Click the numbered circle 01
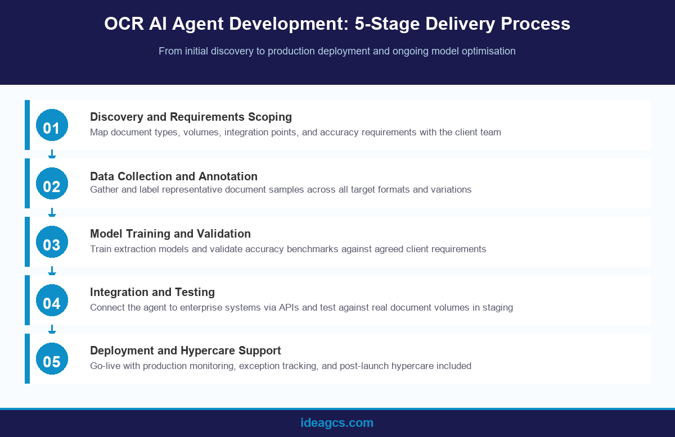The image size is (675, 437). [x=52, y=125]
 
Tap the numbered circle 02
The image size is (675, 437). [x=52, y=184]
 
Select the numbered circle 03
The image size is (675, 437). [x=52, y=242]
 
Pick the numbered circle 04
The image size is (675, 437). [x=52, y=301]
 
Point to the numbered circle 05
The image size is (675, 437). [x=52, y=359]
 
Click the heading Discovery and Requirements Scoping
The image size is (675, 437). [x=191, y=117]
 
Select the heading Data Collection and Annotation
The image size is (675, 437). [x=174, y=176]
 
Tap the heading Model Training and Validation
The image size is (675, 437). [x=170, y=234]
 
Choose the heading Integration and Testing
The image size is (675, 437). [x=152, y=292]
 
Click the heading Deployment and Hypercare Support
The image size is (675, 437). [x=186, y=350]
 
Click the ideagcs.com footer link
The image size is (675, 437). [x=337, y=423]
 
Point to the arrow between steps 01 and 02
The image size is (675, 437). [x=52, y=154]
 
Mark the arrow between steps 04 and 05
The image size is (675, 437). [x=52, y=329]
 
